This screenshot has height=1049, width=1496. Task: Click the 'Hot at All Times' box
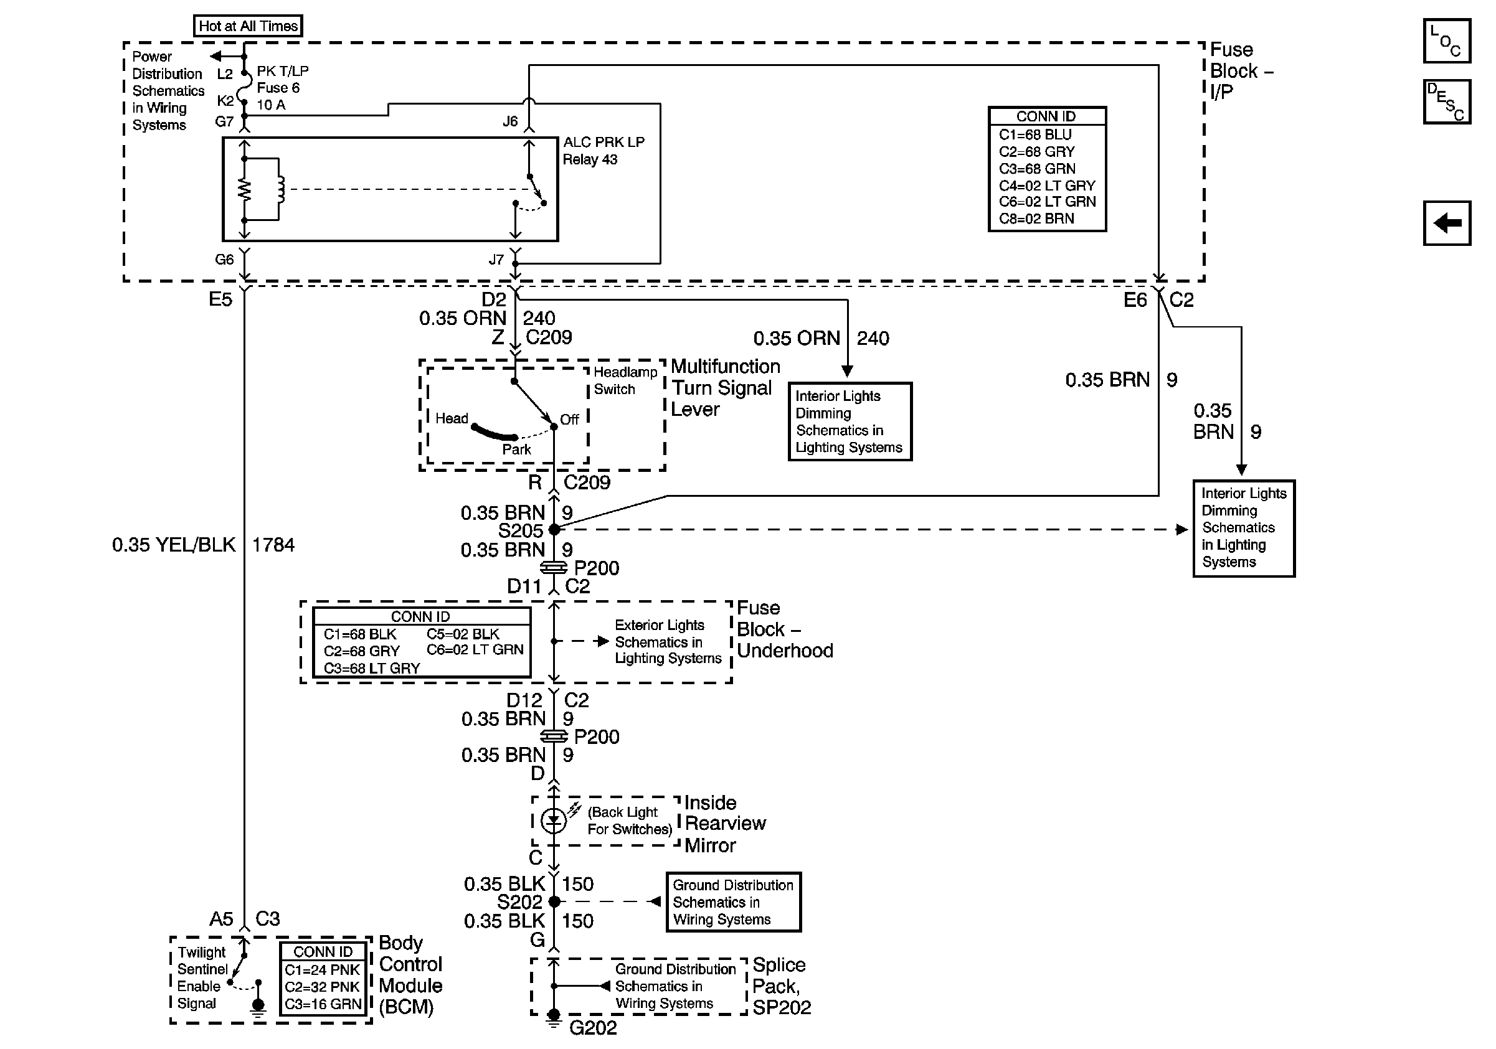click(x=248, y=26)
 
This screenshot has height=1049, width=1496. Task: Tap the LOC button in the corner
click(x=1446, y=41)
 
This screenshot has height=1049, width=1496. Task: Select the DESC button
click(x=1446, y=101)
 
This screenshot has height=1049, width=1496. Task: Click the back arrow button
click(x=1446, y=223)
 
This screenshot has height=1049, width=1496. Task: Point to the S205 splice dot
click(x=554, y=530)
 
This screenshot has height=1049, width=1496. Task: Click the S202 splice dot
click(x=554, y=902)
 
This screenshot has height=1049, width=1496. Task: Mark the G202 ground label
click(x=592, y=1027)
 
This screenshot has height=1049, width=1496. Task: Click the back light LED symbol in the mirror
click(x=554, y=821)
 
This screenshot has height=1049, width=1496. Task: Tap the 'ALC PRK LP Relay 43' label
click(x=603, y=151)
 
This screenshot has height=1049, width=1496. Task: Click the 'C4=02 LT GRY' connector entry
click(x=1046, y=186)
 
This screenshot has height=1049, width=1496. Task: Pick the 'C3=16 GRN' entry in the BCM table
click(x=323, y=1004)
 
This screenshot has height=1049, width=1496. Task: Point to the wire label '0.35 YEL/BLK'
click(x=173, y=544)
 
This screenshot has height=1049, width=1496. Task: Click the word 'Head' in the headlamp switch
click(x=452, y=418)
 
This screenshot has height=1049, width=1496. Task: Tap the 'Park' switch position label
click(x=516, y=449)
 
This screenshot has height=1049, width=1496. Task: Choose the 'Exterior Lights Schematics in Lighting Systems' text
click(x=667, y=642)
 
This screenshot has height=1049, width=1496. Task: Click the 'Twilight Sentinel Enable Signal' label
click(x=201, y=978)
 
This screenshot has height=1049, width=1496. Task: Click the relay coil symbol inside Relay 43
click(x=281, y=189)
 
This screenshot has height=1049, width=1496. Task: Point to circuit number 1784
click(x=273, y=544)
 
